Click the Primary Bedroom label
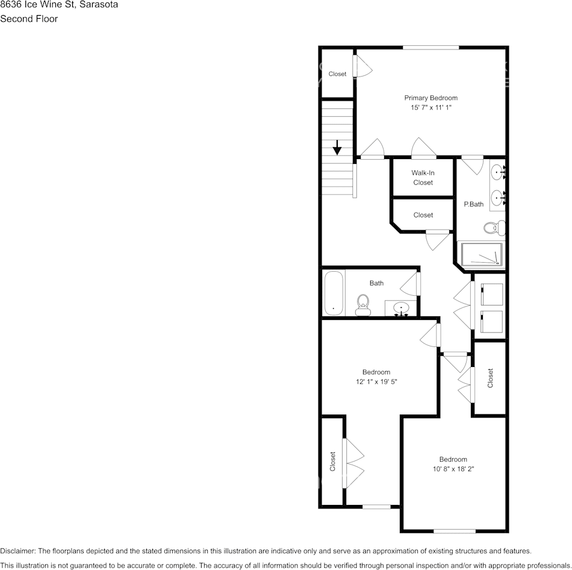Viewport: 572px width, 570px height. click(x=431, y=98)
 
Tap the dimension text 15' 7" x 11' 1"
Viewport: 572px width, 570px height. click(x=431, y=107)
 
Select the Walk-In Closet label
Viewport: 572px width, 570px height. click(x=423, y=178)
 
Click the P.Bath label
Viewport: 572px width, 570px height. click(x=473, y=204)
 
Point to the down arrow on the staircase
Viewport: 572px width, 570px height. click(x=337, y=147)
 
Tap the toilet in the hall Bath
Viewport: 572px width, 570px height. click(x=362, y=304)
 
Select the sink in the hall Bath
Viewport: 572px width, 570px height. click(x=400, y=309)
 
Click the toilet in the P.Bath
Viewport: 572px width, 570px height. click(x=494, y=228)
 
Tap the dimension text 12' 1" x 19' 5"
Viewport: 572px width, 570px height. click(x=376, y=381)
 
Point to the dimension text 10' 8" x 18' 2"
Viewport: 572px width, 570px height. click(x=453, y=469)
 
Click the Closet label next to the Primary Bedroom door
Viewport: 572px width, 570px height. click(x=337, y=74)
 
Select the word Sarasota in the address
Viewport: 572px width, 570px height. click(x=98, y=4)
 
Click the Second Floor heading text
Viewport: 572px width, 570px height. click(x=29, y=19)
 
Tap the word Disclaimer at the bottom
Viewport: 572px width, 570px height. click(x=17, y=551)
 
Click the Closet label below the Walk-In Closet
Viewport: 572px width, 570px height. click(x=423, y=215)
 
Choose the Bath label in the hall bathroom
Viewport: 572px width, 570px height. click(x=376, y=283)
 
